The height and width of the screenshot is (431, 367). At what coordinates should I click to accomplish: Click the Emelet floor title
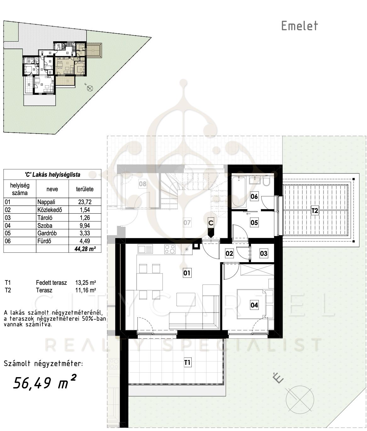point(300,26)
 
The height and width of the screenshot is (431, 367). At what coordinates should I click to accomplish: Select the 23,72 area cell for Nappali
point(85,202)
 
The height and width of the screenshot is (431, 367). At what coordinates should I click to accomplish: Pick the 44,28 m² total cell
point(85,249)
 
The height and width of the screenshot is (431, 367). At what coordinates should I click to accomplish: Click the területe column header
point(85,189)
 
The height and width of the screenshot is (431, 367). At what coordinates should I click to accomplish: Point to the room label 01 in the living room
point(187,273)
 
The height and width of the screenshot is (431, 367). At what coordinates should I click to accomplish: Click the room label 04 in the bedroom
point(254,305)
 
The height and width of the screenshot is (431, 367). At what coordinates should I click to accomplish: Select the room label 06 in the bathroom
point(254,196)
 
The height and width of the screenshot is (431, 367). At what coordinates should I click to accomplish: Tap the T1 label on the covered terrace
point(187,363)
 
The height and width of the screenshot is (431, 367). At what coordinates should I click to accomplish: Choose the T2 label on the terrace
point(315,210)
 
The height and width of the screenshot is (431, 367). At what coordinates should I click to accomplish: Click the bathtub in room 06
point(239,192)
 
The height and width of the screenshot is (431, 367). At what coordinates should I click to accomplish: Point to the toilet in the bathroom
point(266,181)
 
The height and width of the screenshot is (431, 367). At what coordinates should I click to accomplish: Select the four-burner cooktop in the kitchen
point(170,249)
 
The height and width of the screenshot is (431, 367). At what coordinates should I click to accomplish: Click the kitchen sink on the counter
point(145,249)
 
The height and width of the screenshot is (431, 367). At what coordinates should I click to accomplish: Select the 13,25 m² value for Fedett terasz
point(86,283)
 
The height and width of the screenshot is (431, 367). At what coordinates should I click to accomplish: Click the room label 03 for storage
point(264,253)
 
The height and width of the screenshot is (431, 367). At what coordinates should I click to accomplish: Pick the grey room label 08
point(143,184)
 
